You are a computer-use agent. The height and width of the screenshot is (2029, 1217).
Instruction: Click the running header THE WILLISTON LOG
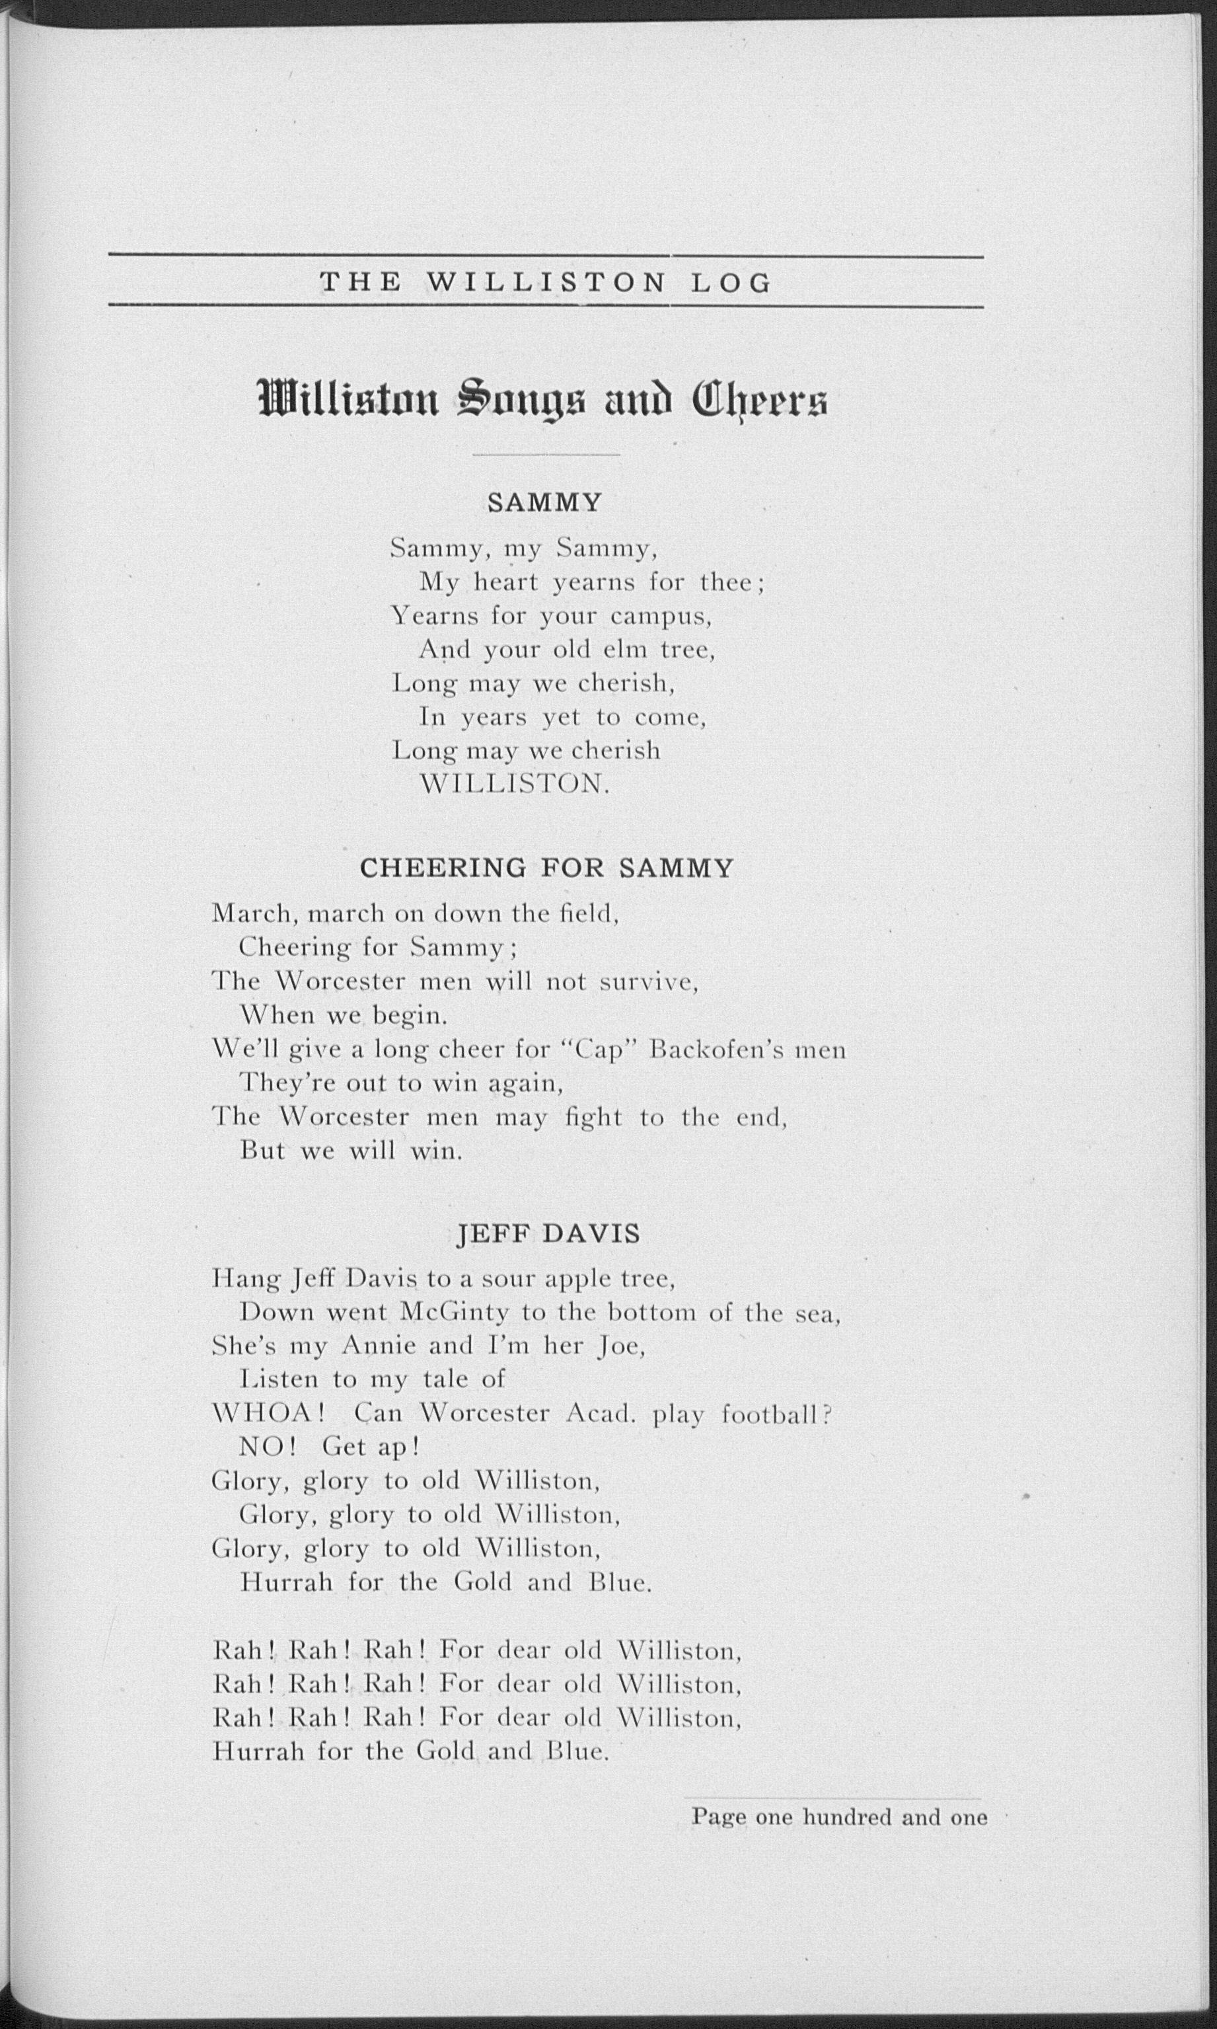click(x=545, y=283)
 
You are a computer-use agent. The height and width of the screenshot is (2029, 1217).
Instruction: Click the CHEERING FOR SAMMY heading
click(x=546, y=868)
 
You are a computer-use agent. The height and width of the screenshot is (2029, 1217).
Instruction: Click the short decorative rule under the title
click(x=546, y=454)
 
